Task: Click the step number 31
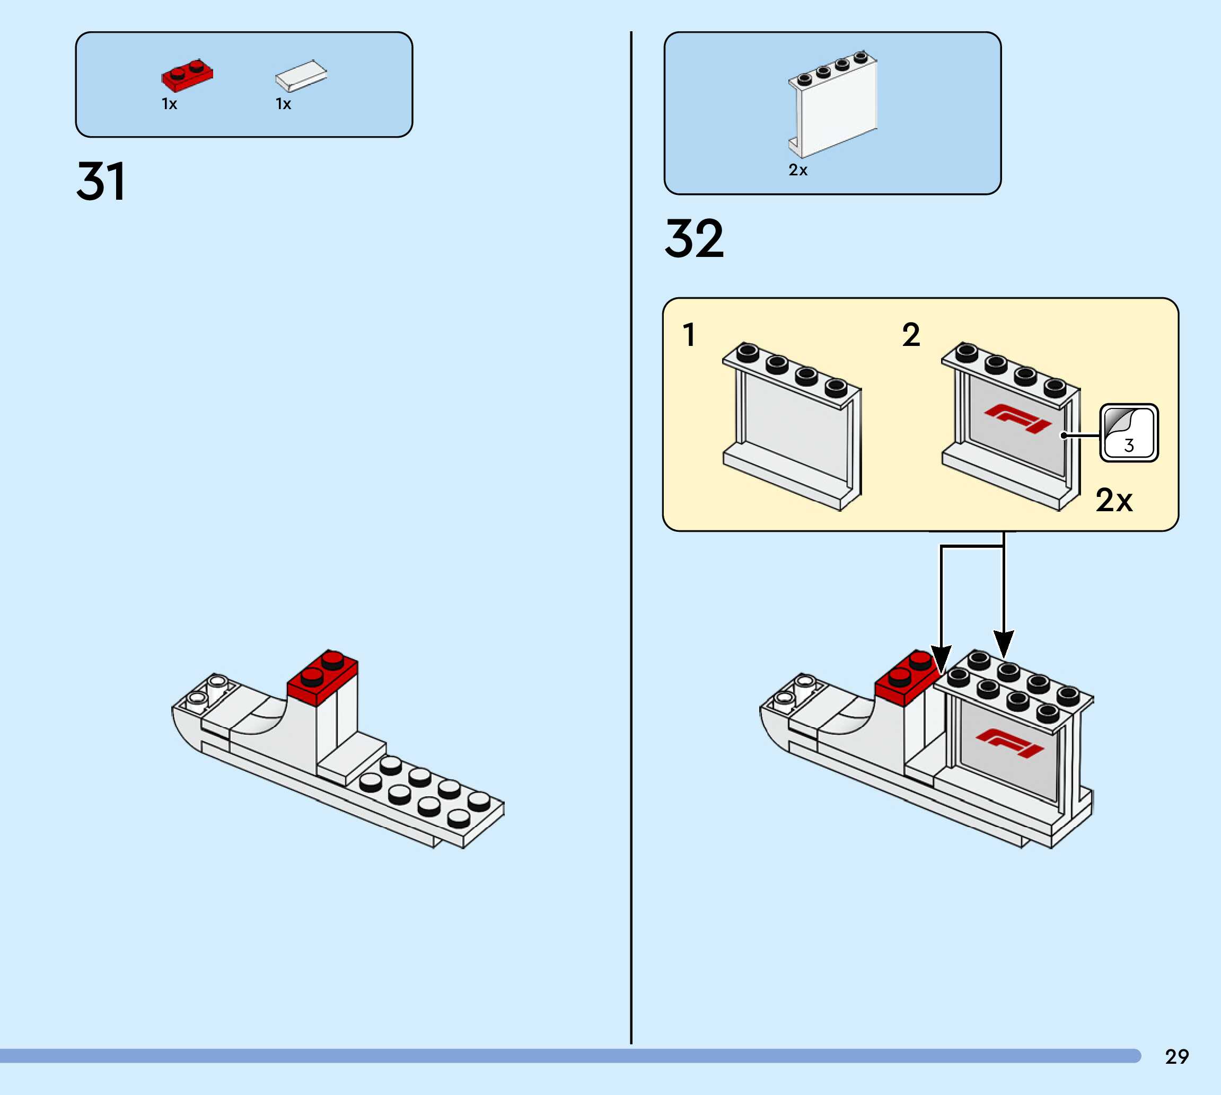[101, 181]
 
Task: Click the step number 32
[694, 239]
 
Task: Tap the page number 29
[1176, 1056]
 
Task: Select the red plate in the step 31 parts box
[187, 75]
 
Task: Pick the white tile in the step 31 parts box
[301, 75]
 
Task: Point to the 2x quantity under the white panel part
[798, 170]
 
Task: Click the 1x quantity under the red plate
[169, 104]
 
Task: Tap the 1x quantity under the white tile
[283, 104]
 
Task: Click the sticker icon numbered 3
[1128, 433]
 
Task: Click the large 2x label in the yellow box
[1114, 500]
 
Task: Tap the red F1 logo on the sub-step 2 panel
[1017, 417]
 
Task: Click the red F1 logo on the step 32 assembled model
[1009, 743]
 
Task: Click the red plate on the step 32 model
[906, 678]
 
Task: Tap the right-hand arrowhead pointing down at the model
[1004, 644]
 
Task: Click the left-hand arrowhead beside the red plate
[941, 659]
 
